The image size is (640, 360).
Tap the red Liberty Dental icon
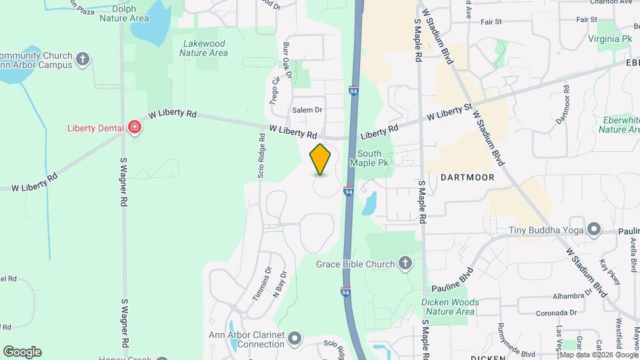(x=135, y=127)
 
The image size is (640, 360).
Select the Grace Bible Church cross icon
(x=405, y=264)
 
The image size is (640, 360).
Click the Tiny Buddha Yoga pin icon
(x=593, y=231)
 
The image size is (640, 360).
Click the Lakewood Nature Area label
(x=205, y=48)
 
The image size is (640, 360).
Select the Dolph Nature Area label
(x=123, y=14)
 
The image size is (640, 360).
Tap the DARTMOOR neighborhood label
(x=467, y=178)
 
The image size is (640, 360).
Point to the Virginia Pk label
(x=610, y=39)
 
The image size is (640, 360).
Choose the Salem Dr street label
(x=307, y=110)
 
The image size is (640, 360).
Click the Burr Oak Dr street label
(x=287, y=60)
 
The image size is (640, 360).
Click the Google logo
(x=22, y=352)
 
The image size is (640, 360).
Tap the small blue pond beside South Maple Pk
(x=369, y=203)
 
